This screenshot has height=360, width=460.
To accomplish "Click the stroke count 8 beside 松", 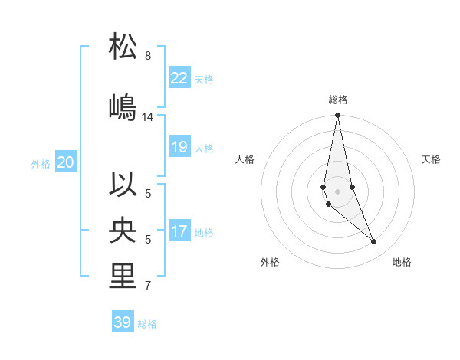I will click(148, 56).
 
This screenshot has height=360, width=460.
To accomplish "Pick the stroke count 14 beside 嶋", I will click(148, 117).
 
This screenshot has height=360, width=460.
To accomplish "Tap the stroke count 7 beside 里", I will click(148, 286).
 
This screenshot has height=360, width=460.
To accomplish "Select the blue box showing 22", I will click(179, 78).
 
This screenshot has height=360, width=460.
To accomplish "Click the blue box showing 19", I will click(179, 147).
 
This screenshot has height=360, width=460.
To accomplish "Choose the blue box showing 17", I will click(179, 231).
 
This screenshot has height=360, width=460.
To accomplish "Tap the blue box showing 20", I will click(65, 162).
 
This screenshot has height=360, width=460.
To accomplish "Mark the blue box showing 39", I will click(122, 322).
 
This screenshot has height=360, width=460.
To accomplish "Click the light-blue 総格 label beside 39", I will click(147, 324).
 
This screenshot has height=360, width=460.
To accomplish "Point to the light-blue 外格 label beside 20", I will click(41, 163).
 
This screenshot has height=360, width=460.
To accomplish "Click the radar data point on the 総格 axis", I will click(337, 116).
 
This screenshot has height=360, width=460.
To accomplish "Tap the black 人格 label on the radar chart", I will click(245, 159).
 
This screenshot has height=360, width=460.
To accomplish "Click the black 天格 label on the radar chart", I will click(431, 159).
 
